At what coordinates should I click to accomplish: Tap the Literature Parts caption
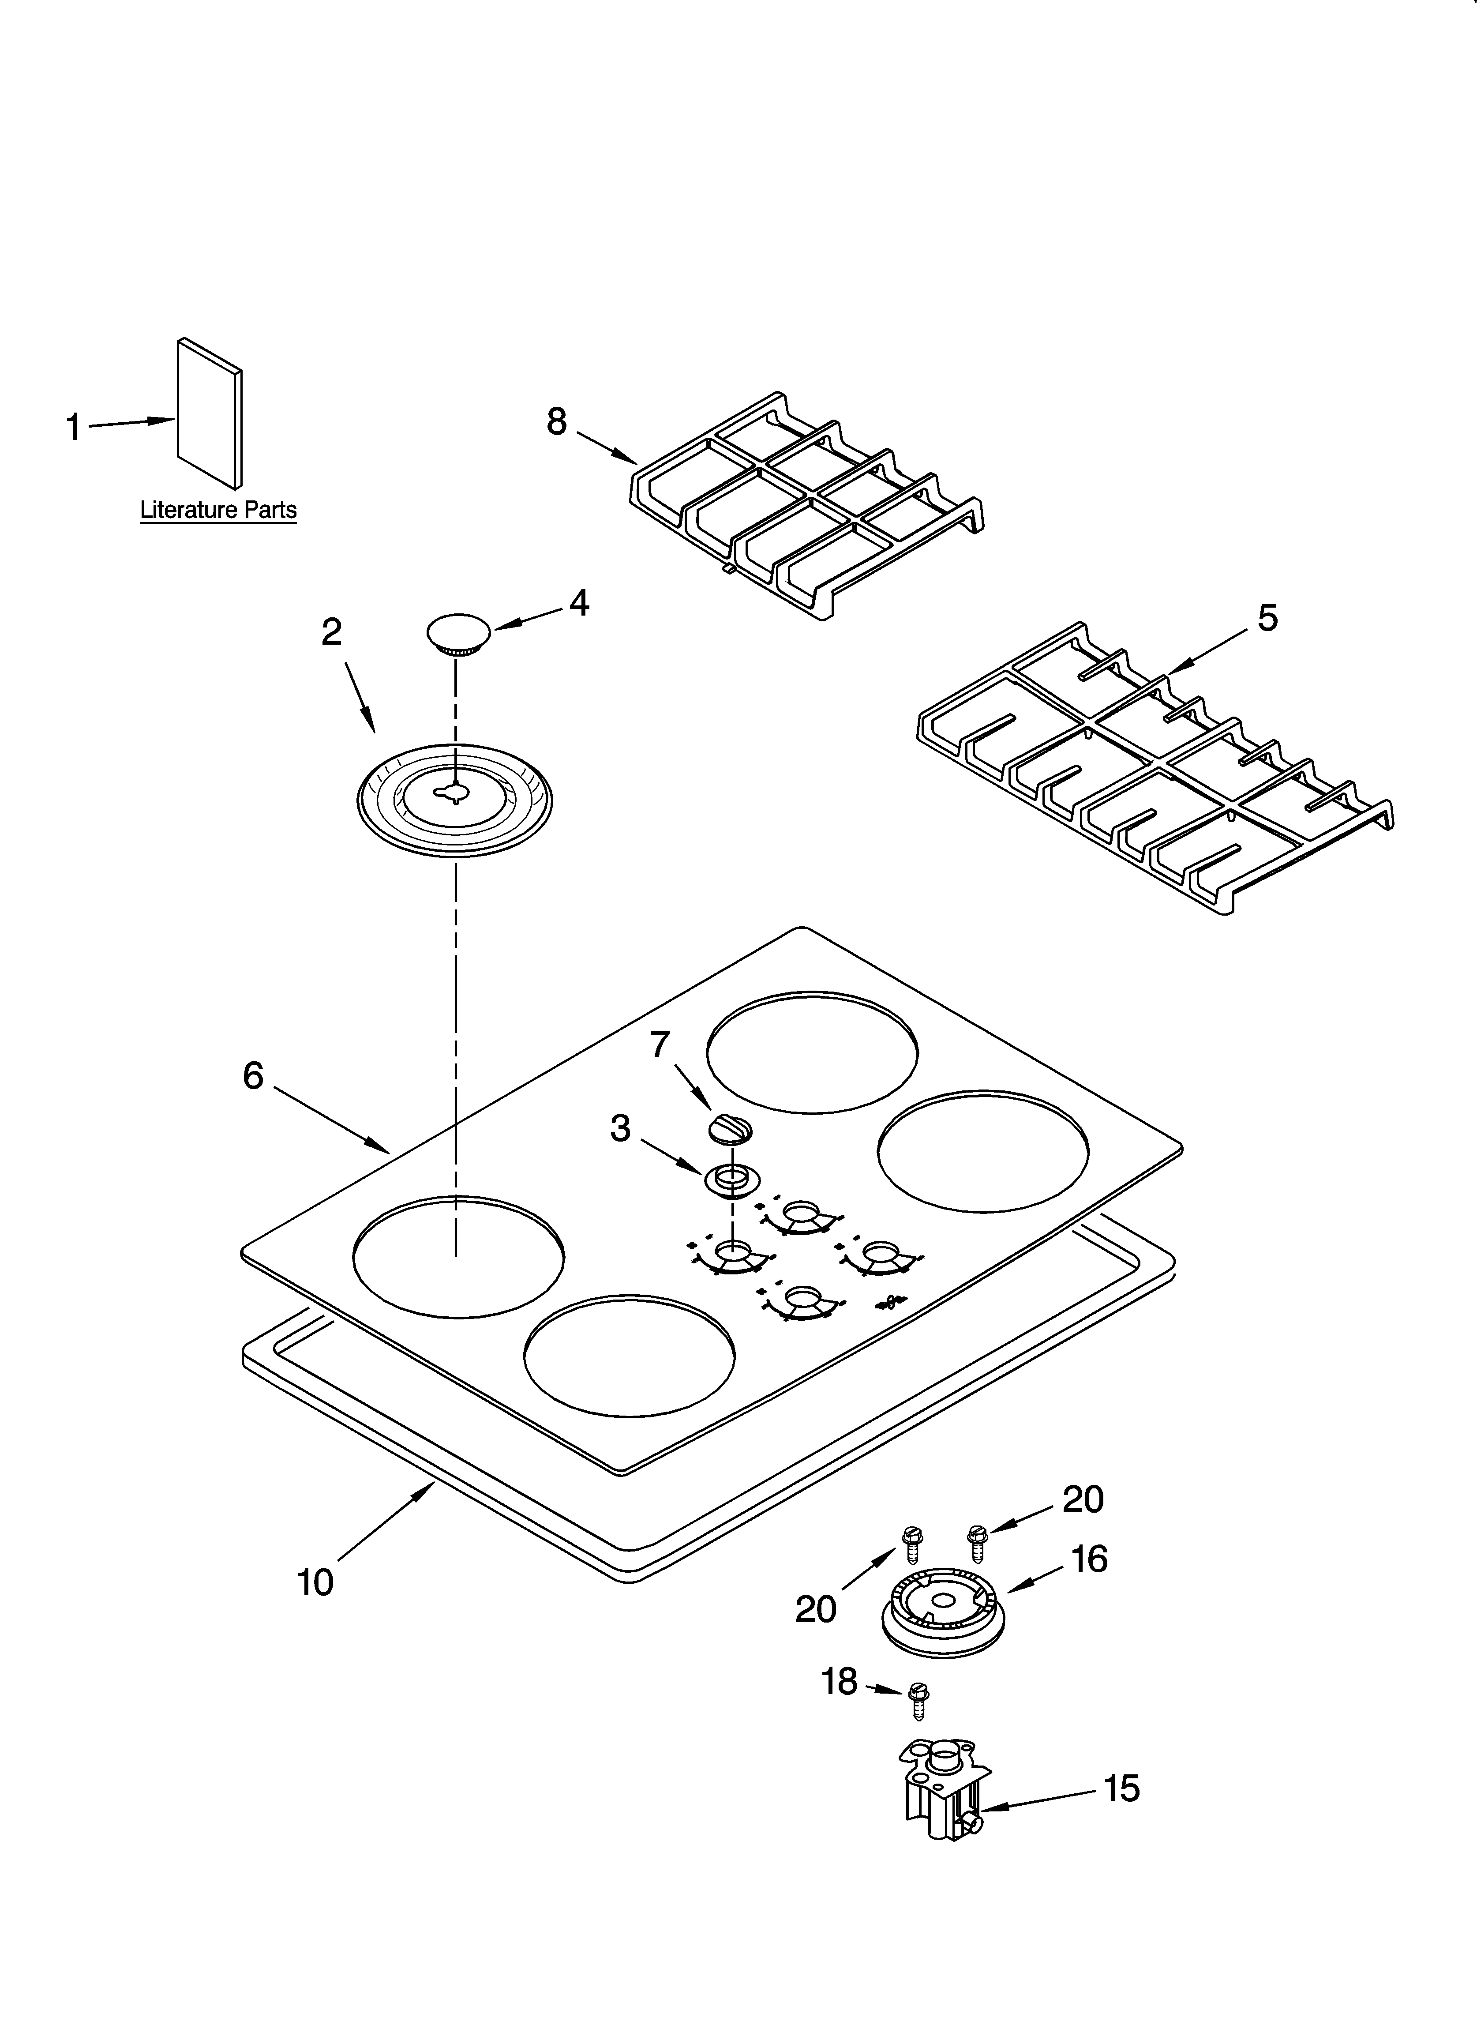click(217, 510)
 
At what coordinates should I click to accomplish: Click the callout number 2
click(332, 632)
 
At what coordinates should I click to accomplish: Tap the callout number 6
click(254, 1075)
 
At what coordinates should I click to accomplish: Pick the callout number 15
click(1122, 1788)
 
